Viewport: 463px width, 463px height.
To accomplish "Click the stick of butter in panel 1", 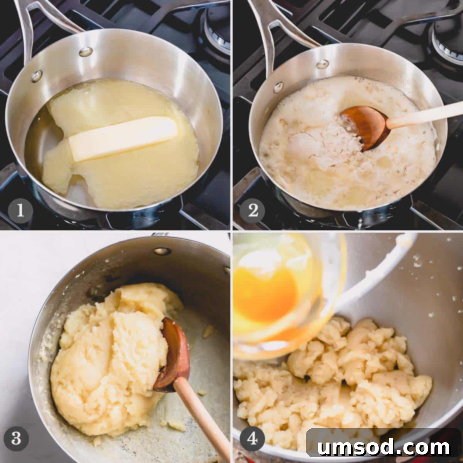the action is [x=123, y=139].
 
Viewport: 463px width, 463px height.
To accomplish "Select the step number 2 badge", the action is [x=252, y=211].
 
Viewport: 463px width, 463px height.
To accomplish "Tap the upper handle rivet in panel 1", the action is [x=86, y=51].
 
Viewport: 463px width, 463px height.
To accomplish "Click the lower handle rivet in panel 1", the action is [x=37, y=76].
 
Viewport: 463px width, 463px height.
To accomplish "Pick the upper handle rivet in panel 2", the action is [x=323, y=64].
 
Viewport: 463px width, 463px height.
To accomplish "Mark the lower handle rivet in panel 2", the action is [x=279, y=88].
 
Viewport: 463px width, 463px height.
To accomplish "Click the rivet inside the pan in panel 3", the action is [x=162, y=251].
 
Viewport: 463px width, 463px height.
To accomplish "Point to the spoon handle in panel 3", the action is [x=202, y=418].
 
